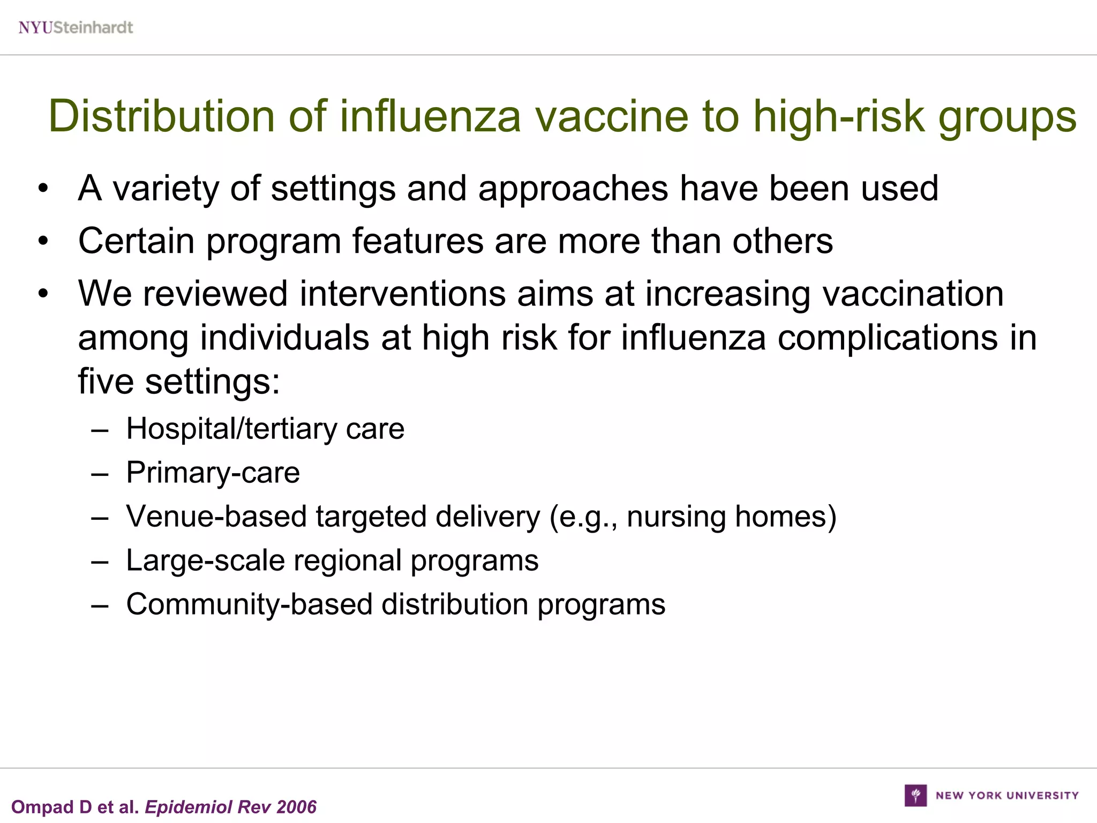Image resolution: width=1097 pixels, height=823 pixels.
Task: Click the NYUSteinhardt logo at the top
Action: click(x=76, y=27)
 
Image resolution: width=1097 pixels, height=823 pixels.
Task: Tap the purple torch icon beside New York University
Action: click(x=915, y=795)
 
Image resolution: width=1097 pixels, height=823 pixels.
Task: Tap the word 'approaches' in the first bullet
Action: click(x=573, y=189)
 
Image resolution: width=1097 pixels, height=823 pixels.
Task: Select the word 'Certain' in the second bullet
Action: click(x=136, y=241)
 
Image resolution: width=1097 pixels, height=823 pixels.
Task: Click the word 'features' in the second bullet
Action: click(x=418, y=241)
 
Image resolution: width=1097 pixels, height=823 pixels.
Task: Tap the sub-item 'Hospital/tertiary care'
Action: click(x=265, y=429)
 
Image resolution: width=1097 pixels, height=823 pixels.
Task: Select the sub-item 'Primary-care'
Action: click(x=213, y=473)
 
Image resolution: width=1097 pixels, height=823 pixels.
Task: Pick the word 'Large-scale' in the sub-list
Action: click(x=205, y=560)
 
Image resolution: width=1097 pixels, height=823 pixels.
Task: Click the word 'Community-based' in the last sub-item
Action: click(x=249, y=604)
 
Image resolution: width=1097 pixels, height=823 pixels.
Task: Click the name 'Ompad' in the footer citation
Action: click(x=43, y=807)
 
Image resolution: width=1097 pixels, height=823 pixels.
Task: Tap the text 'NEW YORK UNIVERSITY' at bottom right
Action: click(x=1007, y=796)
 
